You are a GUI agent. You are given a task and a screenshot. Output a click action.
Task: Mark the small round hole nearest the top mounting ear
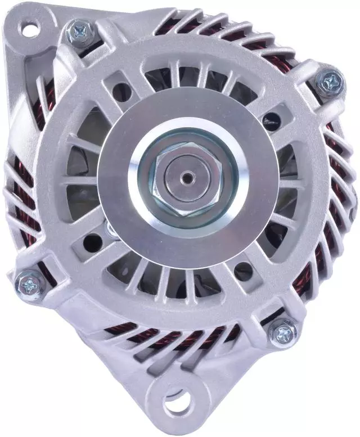[120, 92]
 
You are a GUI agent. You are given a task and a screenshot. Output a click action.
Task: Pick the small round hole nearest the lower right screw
[244, 269]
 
